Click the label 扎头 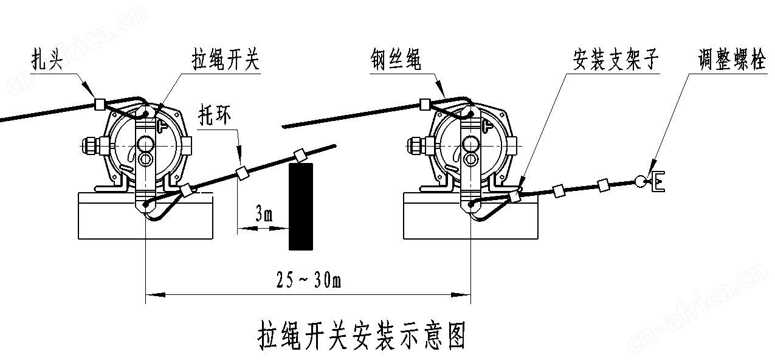pyautogui.click(x=47, y=60)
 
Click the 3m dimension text pyautogui.click(x=264, y=214)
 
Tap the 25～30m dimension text pyautogui.click(x=309, y=280)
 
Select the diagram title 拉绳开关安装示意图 pyautogui.click(x=362, y=336)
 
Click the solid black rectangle pyautogui.click(x=301, y=207)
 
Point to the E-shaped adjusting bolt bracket pyautogui.click(x=657, y=181)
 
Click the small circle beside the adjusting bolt pyautogui.click(x=641, y=181)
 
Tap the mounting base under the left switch pyautogui.click(x=146, y=216)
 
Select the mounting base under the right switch pyautogui.click(x=471, y=216)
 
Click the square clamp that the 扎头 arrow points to pyautogui.click(x=100, y=104)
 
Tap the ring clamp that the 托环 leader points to pyautogui.click(x=242, y=172)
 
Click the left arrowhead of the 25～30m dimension pyautogui.click(x=155, y=295)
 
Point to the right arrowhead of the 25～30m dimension pyautogui.click(x=461, y=295)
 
